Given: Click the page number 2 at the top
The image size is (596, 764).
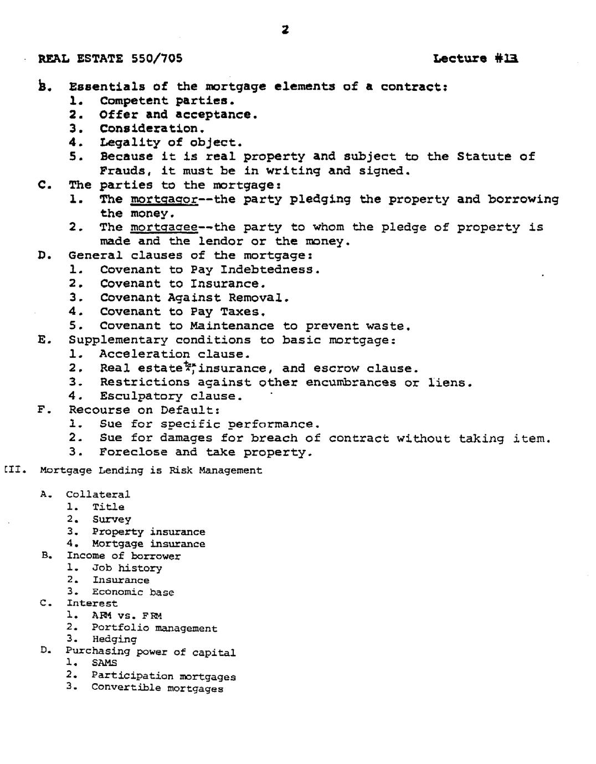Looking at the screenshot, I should click(x=285, y=30).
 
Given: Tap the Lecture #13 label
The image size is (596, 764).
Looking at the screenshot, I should click(x=476, y=58).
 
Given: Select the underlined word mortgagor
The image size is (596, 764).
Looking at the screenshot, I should click(x=164, y=199).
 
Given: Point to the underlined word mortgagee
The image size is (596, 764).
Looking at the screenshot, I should click(x=164, y=228).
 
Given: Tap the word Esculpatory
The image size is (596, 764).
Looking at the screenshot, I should click(x=141, y=396).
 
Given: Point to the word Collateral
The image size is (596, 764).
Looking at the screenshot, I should click(x=98, y=494).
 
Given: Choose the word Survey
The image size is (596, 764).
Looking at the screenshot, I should click(x=111, y=519).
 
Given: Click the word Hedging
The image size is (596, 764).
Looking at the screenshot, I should click(x=114, y=639).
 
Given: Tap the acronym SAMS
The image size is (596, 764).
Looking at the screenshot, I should click(x=104, y=663).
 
